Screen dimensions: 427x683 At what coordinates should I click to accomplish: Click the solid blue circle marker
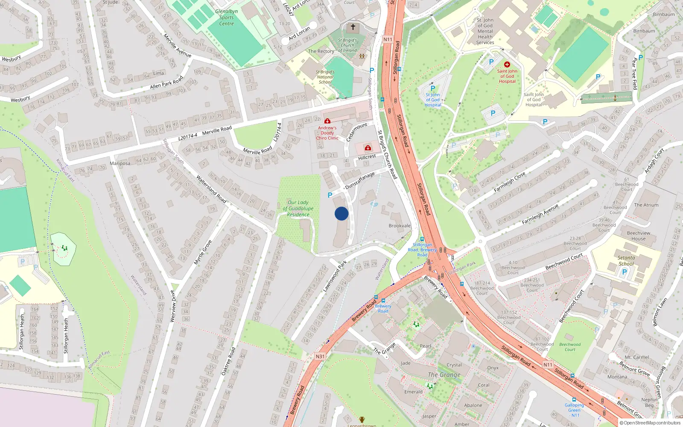(341, 213)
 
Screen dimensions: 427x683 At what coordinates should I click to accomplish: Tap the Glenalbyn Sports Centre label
(226, 18)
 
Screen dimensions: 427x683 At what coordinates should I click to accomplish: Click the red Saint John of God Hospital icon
(507, 64)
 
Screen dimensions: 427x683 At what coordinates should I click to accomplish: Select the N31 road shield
(320, 356)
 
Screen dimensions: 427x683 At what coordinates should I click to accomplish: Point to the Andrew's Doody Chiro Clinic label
(327, 133)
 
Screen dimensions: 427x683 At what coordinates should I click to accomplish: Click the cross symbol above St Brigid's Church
(353, 27)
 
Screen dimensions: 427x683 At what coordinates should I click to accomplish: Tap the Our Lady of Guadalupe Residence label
(298, 208)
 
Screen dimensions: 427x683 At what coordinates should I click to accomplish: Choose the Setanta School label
(626, 260)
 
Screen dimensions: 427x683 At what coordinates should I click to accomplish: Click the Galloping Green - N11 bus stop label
(574, 410)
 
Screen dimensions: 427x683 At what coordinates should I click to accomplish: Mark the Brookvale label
(400, 226)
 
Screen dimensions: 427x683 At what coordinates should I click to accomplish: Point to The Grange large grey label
(444, 374)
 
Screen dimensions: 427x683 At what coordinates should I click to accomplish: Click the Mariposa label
(120, 164)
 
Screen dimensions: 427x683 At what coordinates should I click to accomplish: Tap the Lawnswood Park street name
(335, 277)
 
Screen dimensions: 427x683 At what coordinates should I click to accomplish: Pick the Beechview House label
(639, 236)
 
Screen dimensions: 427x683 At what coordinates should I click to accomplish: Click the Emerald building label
(413, 392)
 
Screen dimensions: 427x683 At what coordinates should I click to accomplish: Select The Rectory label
(321, 51)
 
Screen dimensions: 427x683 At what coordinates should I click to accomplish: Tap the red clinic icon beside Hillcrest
(368, 148)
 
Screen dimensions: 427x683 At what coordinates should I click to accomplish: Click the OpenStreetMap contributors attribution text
(652, 423)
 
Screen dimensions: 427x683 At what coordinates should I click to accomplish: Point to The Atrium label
(646, 205)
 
